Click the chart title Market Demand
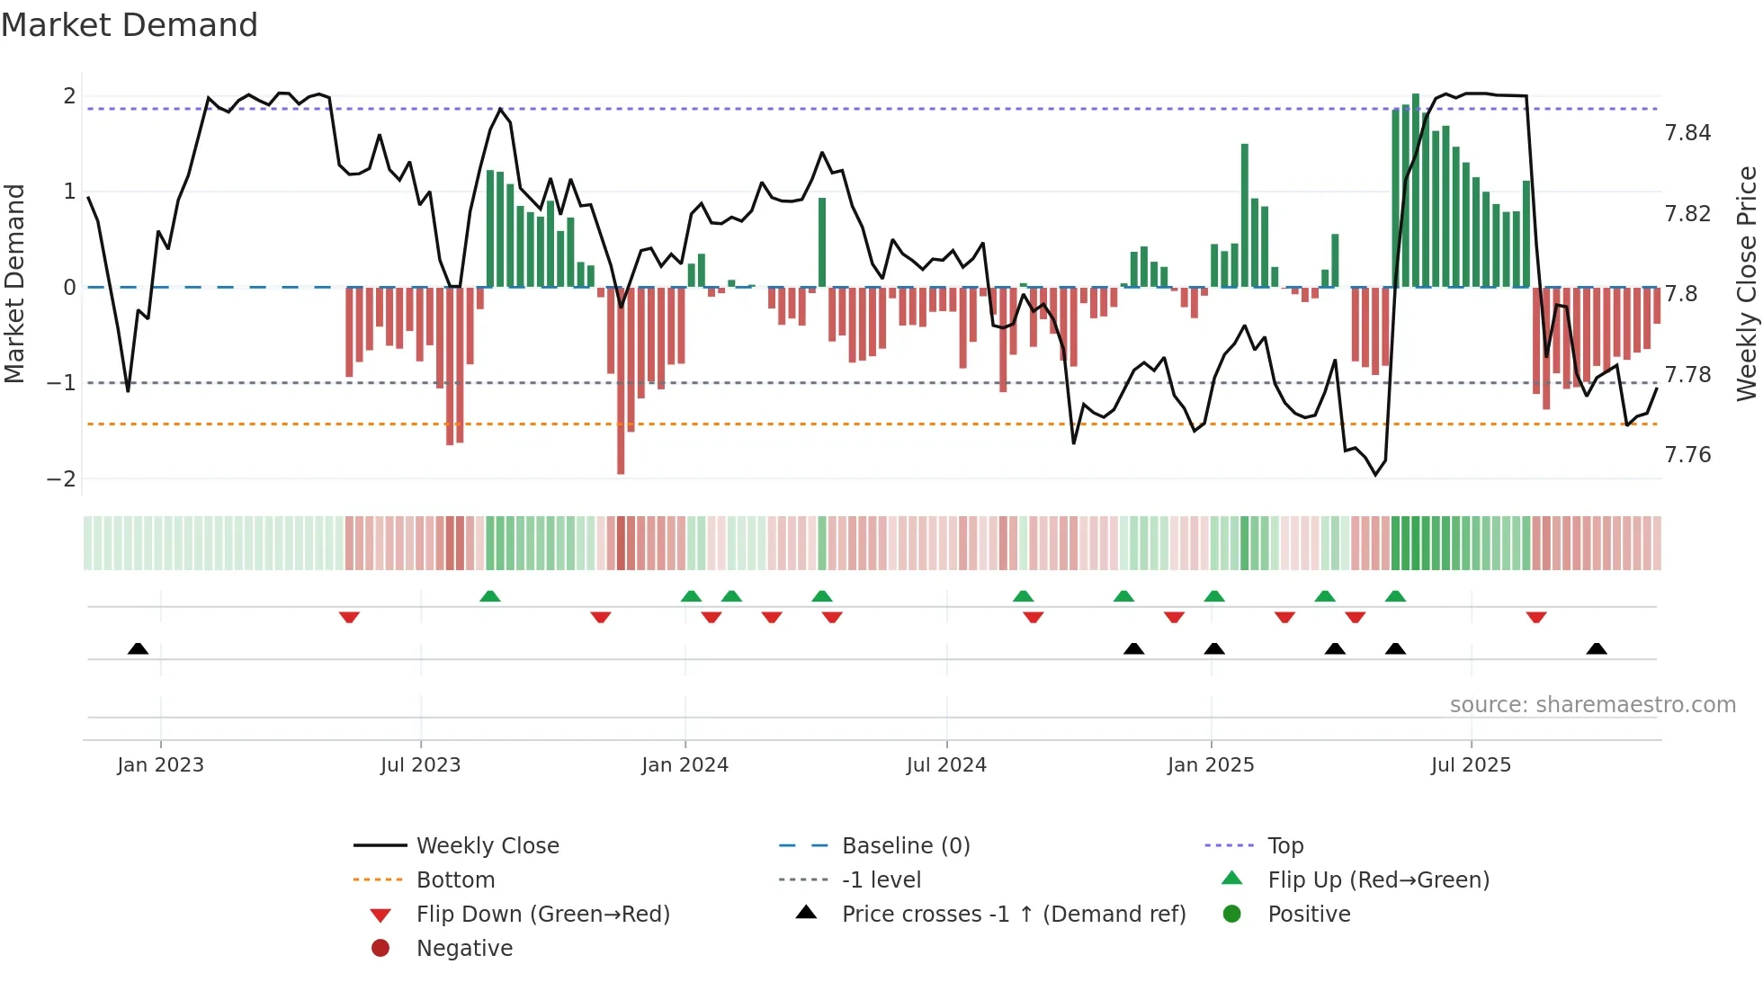[130, 25]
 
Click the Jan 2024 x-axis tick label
[685, 765]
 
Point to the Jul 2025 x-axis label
[1471, 765]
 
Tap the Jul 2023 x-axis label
[420, 765]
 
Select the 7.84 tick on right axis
[1687, 133]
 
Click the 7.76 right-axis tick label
[1687, 455]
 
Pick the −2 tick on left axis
[61, 479]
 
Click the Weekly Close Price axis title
[1746, 283]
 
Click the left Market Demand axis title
[14, 283]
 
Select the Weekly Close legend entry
[487, 846]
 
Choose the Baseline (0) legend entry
[905, 846]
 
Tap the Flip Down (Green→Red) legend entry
[542, 915]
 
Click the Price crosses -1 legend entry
[1013, 915]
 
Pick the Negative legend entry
[464, 949]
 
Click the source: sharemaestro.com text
[1592, 705]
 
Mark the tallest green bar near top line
[1416, 189]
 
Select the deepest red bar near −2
[621, 382]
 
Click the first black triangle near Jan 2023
[138, 648]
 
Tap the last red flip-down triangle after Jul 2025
[1536, 617]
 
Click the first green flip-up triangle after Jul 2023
[489, 596]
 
